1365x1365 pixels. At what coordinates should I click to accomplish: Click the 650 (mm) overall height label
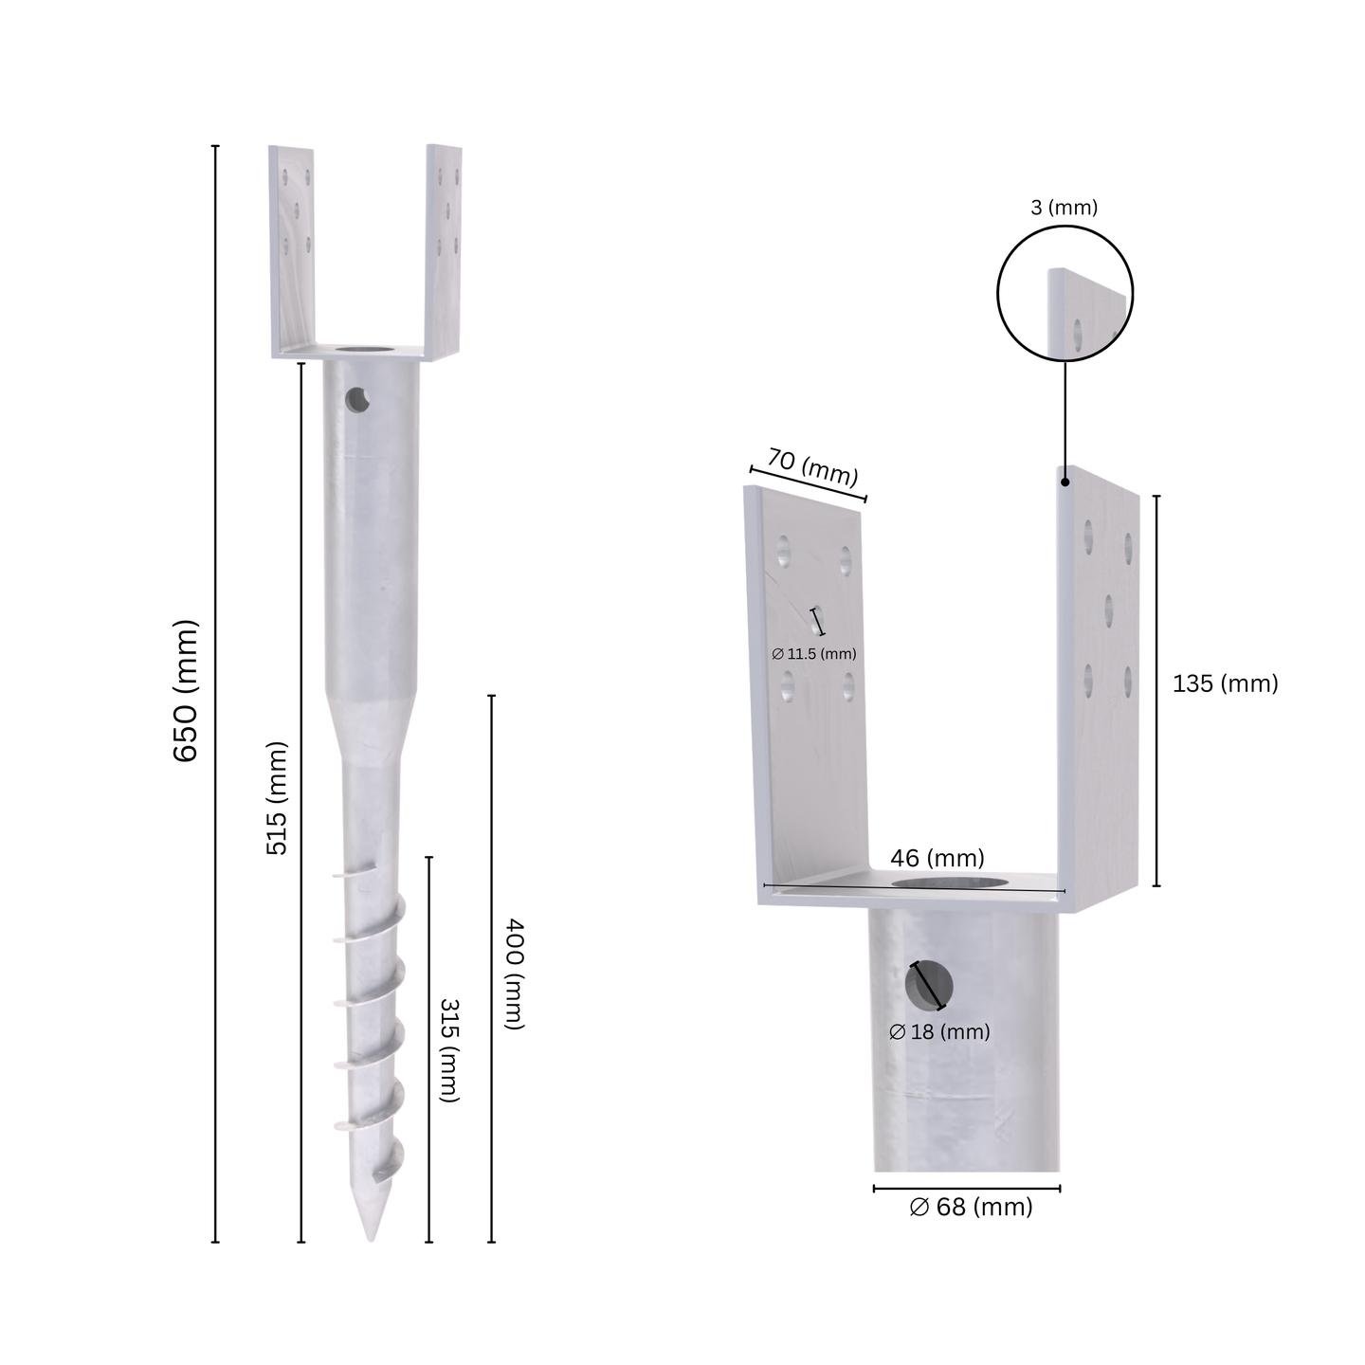pos(186,691)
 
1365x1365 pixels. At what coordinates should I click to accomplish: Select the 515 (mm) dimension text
pos(277,797)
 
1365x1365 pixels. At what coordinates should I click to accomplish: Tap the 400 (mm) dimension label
pos(514,974)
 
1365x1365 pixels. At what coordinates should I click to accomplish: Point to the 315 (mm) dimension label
pos(450,1050)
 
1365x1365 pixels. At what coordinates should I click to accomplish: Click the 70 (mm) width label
pos(812,467)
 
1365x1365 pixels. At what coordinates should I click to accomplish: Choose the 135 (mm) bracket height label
pos(1225,683)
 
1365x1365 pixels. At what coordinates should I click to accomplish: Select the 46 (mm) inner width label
pos(937,858)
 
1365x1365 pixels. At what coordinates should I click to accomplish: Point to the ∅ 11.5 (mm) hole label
pos(814,654)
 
